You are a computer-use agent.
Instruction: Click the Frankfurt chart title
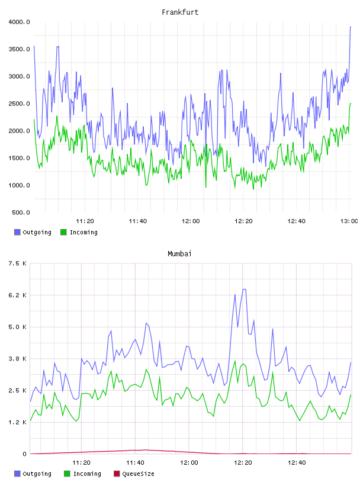coord(180,12)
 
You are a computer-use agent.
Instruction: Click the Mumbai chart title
coord(179,254)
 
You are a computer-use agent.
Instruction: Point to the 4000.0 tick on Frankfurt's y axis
coord(20,22)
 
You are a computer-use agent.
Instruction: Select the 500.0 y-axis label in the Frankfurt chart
coord(21,212)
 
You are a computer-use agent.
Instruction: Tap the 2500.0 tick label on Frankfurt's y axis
coord(20,104)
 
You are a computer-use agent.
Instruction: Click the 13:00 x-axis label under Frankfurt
coord(349,221)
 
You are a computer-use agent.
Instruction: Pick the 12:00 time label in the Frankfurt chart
coord(191,221)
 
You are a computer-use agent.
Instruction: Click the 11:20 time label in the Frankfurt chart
coord(85,221)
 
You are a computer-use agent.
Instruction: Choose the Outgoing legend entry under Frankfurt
coord(33,232)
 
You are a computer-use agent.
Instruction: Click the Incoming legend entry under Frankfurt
coord(79,232)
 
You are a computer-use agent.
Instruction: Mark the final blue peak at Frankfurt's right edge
coord(351,27)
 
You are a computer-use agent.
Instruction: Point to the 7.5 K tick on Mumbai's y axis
coord(18,263)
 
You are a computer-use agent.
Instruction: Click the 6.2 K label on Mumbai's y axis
coord(18,295)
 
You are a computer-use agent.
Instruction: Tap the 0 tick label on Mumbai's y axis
coord(25,454)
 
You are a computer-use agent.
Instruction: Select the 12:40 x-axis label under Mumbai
coord(297,463)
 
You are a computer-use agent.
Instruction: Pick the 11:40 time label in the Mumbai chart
coord(136,463)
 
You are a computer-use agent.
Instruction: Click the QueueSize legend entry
coord(134,474)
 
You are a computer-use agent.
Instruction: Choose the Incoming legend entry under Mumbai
coord(83,474)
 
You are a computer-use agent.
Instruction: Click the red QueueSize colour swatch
coord(117,474)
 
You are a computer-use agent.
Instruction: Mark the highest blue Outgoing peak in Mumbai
coord(245,289)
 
